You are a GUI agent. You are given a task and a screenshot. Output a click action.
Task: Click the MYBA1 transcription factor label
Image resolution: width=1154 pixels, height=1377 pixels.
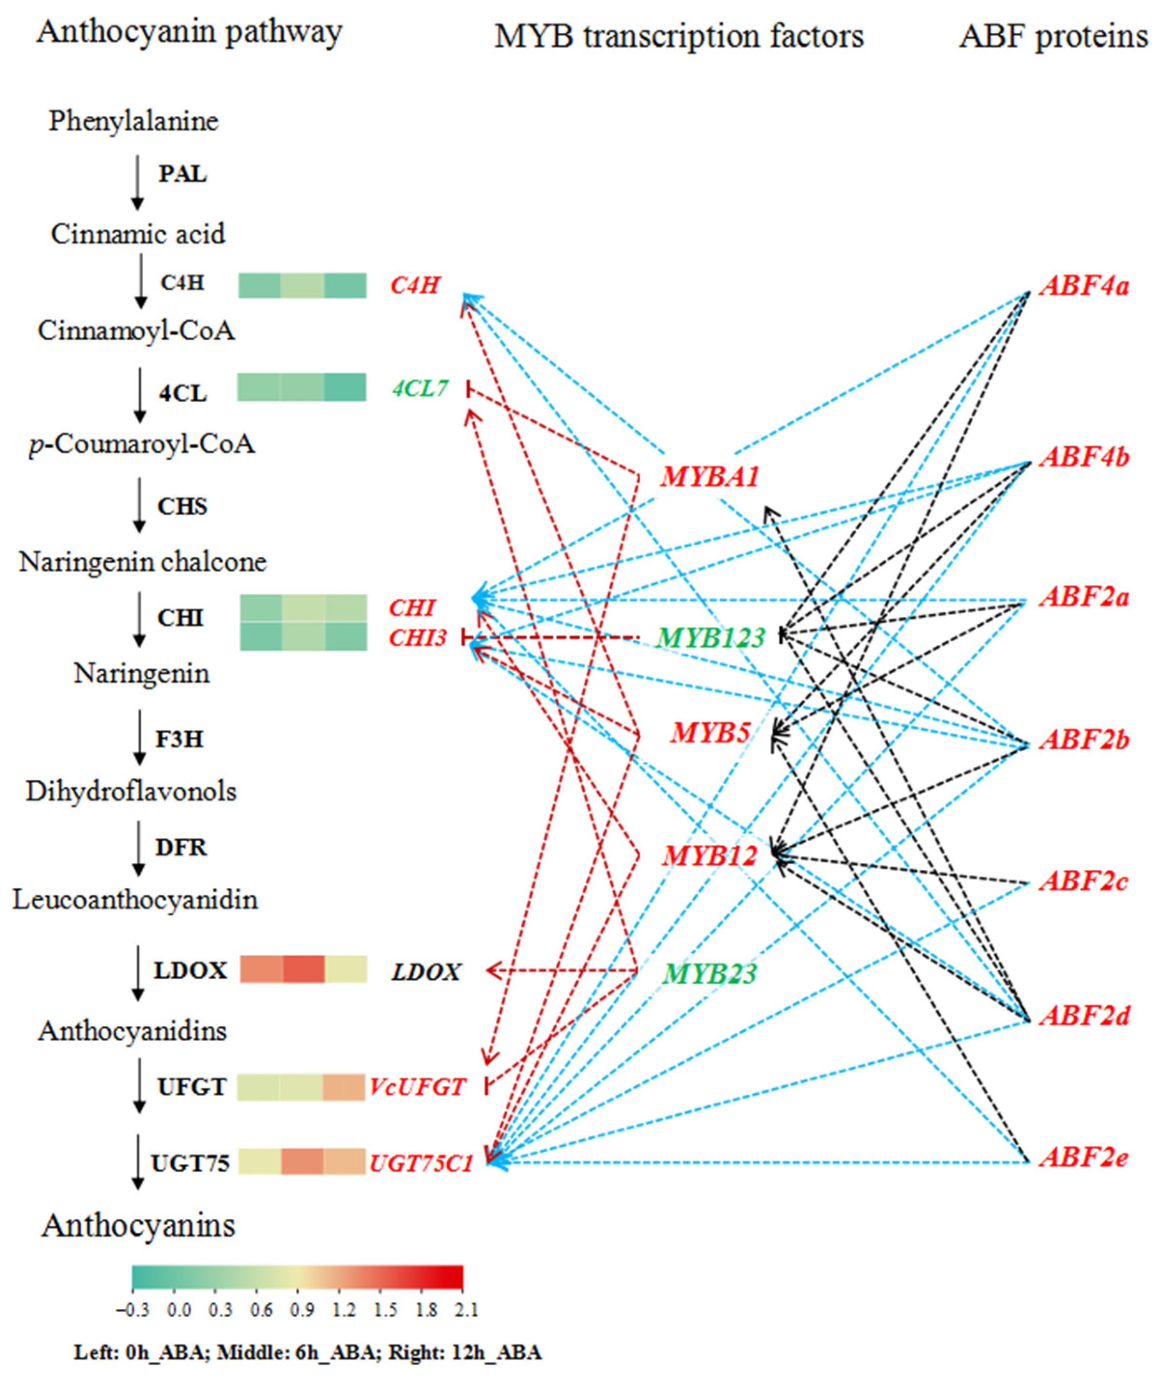pos(710,477)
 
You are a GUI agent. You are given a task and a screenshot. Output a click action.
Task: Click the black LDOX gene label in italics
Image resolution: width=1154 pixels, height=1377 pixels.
pos(426,972)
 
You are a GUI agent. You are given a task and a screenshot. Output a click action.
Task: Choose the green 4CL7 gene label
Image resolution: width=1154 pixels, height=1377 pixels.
pos(420,389)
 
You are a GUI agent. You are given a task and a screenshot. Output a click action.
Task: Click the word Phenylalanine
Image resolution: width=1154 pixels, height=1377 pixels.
pos(133,121)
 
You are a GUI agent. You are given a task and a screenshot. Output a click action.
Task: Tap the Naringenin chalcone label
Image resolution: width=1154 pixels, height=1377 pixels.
pos(143,562)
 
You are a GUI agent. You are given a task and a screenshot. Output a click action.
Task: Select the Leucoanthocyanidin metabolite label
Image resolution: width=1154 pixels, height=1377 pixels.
pos(135,900)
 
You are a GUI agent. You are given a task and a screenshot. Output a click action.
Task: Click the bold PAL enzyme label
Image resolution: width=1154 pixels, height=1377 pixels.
pos(182,175)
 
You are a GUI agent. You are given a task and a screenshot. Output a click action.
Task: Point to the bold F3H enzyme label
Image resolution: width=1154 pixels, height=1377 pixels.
pos(179,739)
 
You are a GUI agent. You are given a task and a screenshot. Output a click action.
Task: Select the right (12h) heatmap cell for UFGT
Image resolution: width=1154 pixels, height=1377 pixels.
pos(344,1087)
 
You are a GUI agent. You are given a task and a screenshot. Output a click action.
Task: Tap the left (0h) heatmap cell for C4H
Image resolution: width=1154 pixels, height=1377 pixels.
pos(260,285)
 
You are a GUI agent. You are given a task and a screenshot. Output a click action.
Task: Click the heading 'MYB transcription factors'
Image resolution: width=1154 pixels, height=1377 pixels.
pos(679,36)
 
